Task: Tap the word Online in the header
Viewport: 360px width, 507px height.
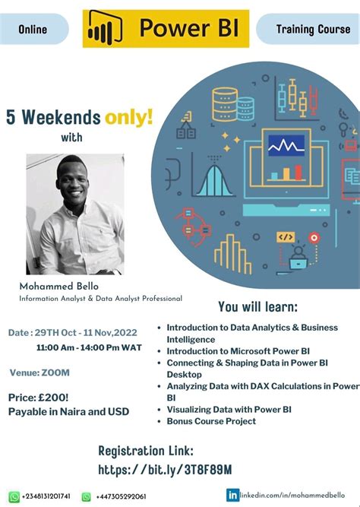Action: coord(33,30)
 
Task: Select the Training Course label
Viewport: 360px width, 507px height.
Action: coord(308,30)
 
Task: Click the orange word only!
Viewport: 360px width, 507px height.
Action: coord(129,117)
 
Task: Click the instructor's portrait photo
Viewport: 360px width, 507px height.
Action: coord(74,214)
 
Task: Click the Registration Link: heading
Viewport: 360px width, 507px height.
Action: coord(146,451)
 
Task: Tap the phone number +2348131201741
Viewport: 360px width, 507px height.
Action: coord(46,496)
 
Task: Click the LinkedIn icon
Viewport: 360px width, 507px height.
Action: coord(232,495)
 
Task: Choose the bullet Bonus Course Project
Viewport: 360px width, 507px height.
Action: coord(211,421)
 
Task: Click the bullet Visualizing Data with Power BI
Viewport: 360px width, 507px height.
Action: coord(229,409)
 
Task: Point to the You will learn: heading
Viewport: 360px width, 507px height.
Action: coord(257,307)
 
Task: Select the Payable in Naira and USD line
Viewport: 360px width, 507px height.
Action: coord(68,411)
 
